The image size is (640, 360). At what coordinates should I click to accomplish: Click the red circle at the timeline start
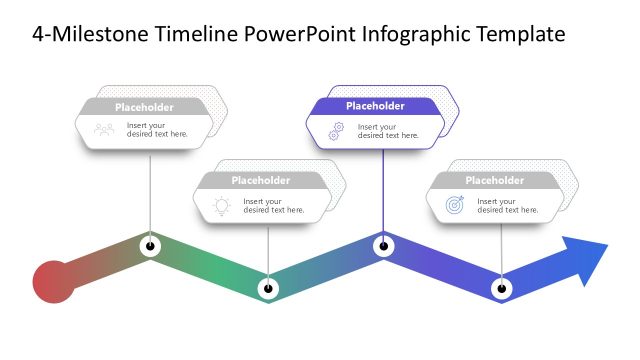tap(52, 280)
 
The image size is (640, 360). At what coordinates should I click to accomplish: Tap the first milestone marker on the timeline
tap(150, 244)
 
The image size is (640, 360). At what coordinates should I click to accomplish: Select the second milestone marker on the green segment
tap(267, 288)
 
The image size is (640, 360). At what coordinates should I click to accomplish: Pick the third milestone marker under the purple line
tap(383, 245)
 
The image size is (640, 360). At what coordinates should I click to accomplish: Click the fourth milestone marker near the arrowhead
tap(502, 288)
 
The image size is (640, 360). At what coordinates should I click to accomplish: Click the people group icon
tap(104, 129)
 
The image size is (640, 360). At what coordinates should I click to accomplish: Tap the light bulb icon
tap(221, 206)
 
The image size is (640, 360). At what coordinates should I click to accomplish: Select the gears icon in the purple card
tap(336, 130)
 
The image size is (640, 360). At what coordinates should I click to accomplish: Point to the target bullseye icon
tap(454, 206)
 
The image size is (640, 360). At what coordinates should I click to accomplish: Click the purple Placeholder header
tap(375, 106)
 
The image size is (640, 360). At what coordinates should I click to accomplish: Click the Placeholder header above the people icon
tap(144, 107)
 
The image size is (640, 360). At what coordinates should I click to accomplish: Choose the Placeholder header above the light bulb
tap(260, 181)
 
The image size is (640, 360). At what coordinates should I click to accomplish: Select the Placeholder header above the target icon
tap(494, 181)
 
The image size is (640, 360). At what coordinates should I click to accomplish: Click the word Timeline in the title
tap(196, 35)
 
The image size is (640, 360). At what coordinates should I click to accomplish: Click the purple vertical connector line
tap(384, 190)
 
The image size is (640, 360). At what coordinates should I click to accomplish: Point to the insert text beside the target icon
tap(507, 206)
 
